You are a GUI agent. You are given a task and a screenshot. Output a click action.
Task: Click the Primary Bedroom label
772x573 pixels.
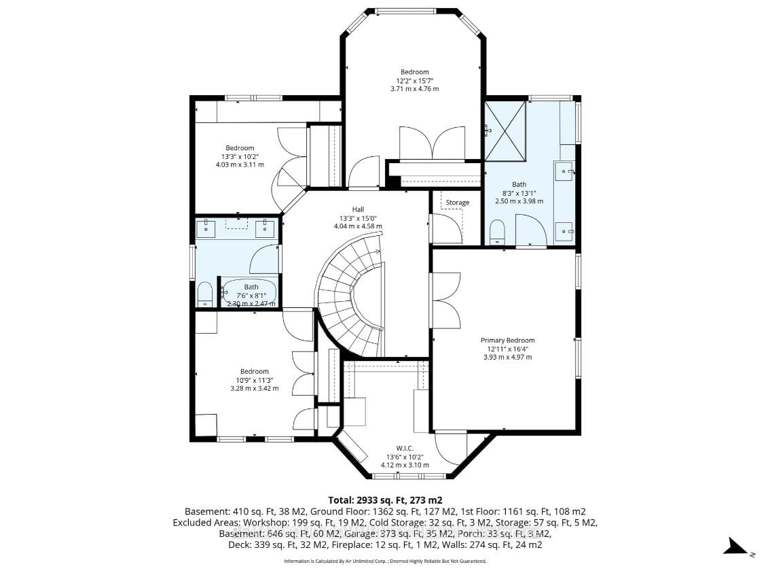point(507,341)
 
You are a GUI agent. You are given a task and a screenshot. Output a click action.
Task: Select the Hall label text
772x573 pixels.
point(359,209)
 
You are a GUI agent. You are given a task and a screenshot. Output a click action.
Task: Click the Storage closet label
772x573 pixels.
point(457,203)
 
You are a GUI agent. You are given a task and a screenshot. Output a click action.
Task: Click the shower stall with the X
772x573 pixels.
point(505,131)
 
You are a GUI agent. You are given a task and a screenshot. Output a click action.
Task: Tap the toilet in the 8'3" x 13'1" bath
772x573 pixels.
point(498,232)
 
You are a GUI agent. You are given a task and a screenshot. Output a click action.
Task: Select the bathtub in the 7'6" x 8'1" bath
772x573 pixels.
point(251,292)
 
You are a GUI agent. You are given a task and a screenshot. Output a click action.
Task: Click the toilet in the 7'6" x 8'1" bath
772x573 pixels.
point(205,295)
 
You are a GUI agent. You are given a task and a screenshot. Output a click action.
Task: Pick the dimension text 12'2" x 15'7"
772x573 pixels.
point(414,80)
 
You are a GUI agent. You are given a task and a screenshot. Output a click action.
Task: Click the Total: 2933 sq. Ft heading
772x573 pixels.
point(385,500)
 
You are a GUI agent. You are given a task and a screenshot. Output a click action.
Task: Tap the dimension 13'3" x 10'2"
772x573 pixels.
point(240,156)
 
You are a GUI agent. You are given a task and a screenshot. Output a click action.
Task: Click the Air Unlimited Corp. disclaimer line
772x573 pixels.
point(385,561)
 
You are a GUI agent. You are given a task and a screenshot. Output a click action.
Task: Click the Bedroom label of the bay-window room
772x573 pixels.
point(414,72)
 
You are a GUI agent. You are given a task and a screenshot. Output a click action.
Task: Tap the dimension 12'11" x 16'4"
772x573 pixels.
point(507,349)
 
